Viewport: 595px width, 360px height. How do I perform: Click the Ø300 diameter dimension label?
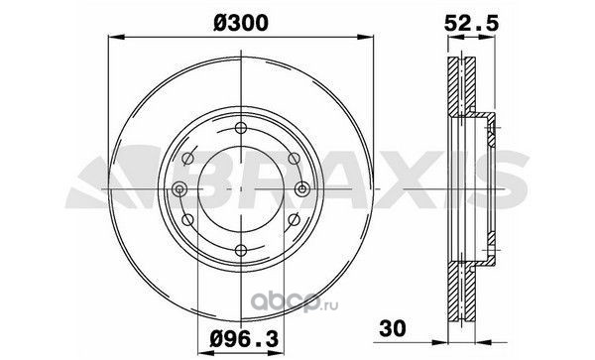point(241,23)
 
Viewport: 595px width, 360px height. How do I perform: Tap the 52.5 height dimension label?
point(471,24)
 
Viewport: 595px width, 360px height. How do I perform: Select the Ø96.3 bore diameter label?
point(244,339)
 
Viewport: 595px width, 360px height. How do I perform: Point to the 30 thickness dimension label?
point(393,328)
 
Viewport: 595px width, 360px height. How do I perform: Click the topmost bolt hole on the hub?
point(241,128)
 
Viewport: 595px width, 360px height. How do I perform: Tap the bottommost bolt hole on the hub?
point(241,250)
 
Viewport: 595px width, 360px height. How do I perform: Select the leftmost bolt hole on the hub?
point(179,188)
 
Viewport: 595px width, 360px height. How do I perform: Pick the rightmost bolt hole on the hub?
point(302,188)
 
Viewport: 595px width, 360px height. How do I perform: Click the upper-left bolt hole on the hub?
point(187,159)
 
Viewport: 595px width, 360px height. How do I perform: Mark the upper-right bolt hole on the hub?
point(294,159)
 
